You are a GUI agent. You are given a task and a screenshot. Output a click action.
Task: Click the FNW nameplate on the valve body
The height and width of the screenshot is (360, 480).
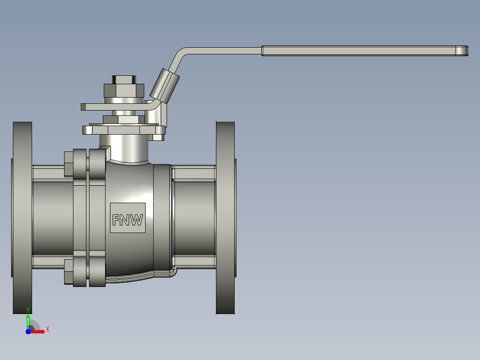coord(128,218)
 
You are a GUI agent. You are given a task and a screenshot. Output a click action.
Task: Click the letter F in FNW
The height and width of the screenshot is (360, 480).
coord(116,220)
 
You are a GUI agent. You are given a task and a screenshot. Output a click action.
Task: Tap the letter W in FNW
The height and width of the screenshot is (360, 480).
coord(137,220)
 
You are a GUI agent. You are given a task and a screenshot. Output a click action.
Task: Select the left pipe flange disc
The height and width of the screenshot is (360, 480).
coord(22,217)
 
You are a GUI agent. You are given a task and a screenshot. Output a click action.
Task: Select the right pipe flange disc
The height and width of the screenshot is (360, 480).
coord(225,217)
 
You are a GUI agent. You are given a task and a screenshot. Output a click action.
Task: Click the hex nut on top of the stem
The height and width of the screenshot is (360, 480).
coord(124,90)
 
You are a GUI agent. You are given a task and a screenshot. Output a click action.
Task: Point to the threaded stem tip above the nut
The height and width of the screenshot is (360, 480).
coord(124,79)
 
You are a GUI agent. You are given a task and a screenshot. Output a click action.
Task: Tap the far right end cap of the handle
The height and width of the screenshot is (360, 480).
coord(462,51)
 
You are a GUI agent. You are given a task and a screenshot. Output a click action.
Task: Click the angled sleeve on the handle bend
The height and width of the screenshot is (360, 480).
coord(164,86)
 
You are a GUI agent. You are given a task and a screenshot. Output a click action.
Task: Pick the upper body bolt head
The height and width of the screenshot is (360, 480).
coord(69,164)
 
